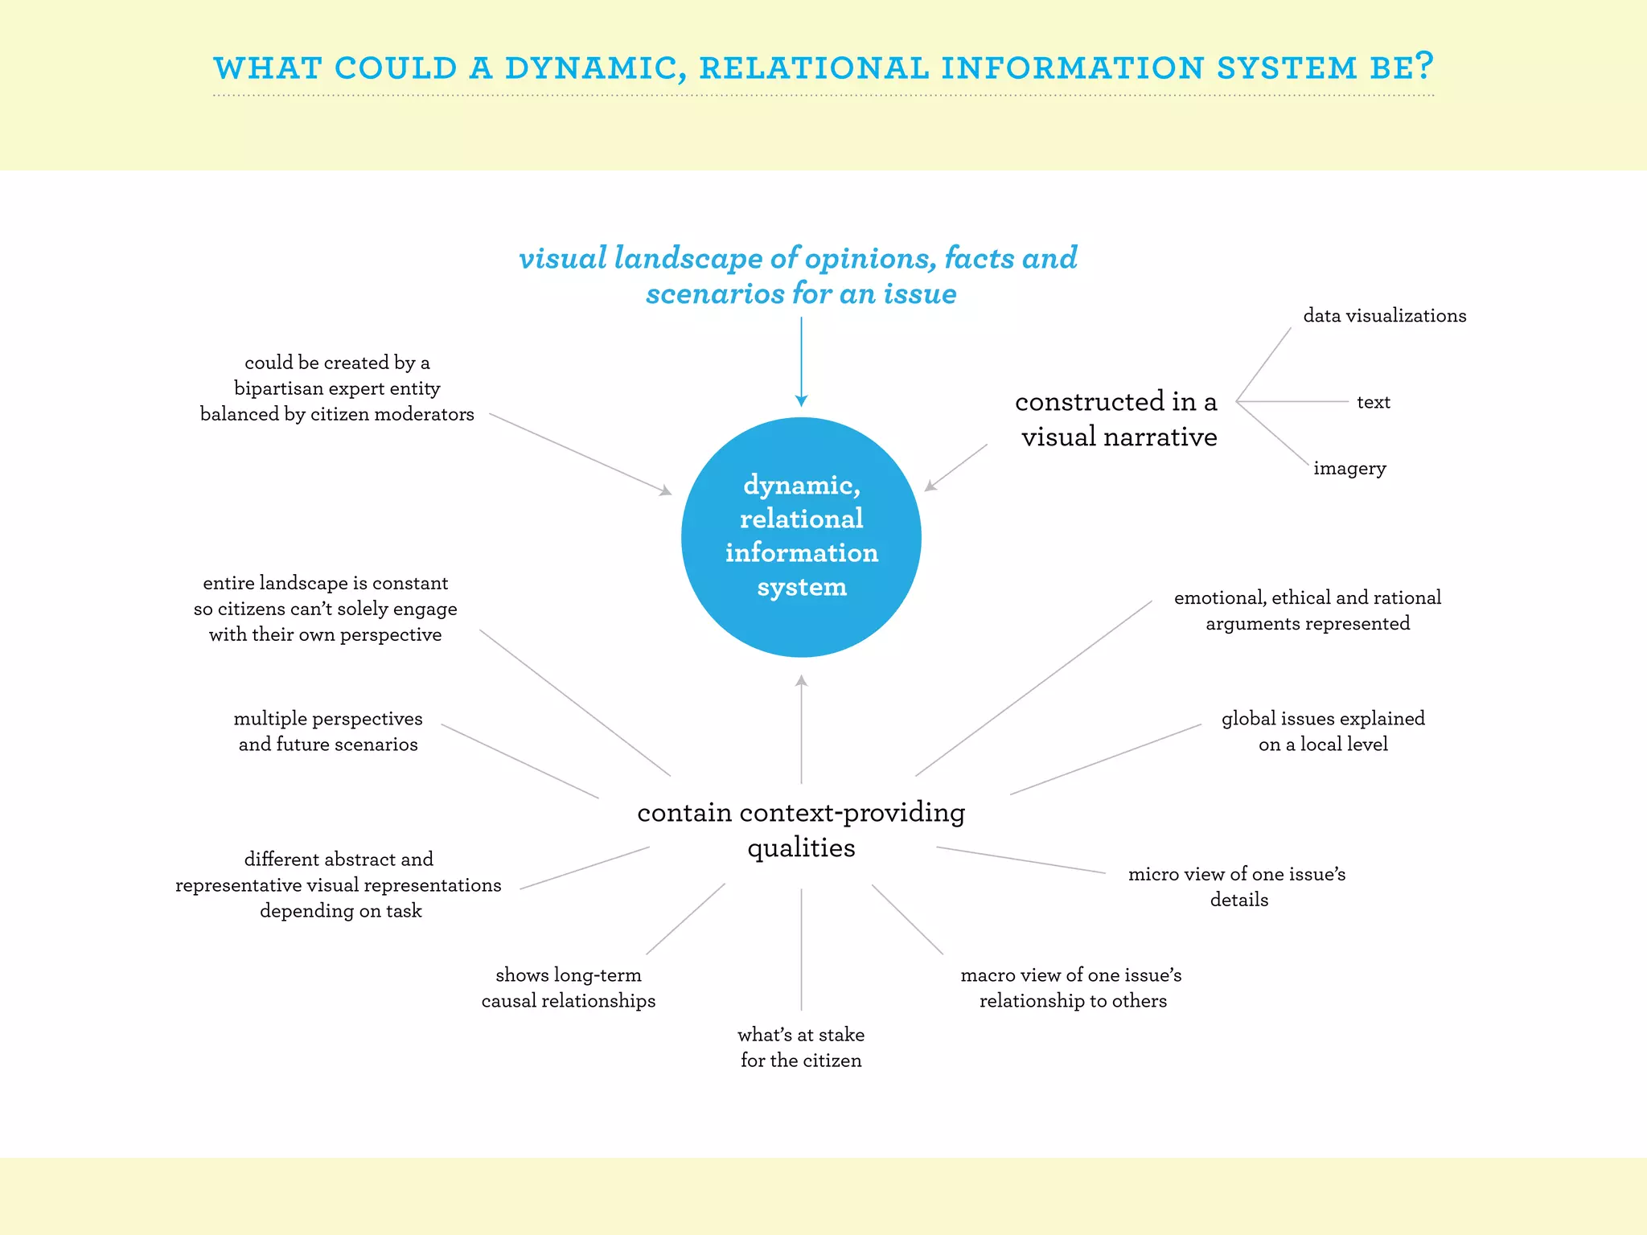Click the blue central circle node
tap(801, 536)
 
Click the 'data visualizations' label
tap(1384, 316)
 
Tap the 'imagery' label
tap(1349, 468)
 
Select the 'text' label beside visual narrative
tap(1373, 402)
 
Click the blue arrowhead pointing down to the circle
tap(801, 400)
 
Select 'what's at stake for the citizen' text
tap(801, 1047)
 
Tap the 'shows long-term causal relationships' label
tap(569, 987)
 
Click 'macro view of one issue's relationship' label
tap(1072, 987)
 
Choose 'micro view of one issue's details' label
tap(1237, 886)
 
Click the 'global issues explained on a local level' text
tap(1323, 731)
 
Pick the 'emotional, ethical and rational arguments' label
tap(1308, 610)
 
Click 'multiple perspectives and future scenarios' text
tap(328, 731)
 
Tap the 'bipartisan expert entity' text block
tap(337, 388)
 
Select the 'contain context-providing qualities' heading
tap(801, 830)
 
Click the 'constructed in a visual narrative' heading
tap(1118, 419)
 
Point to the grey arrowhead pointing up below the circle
tap(801, 682)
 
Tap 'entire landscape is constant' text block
tap(326, 609)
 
